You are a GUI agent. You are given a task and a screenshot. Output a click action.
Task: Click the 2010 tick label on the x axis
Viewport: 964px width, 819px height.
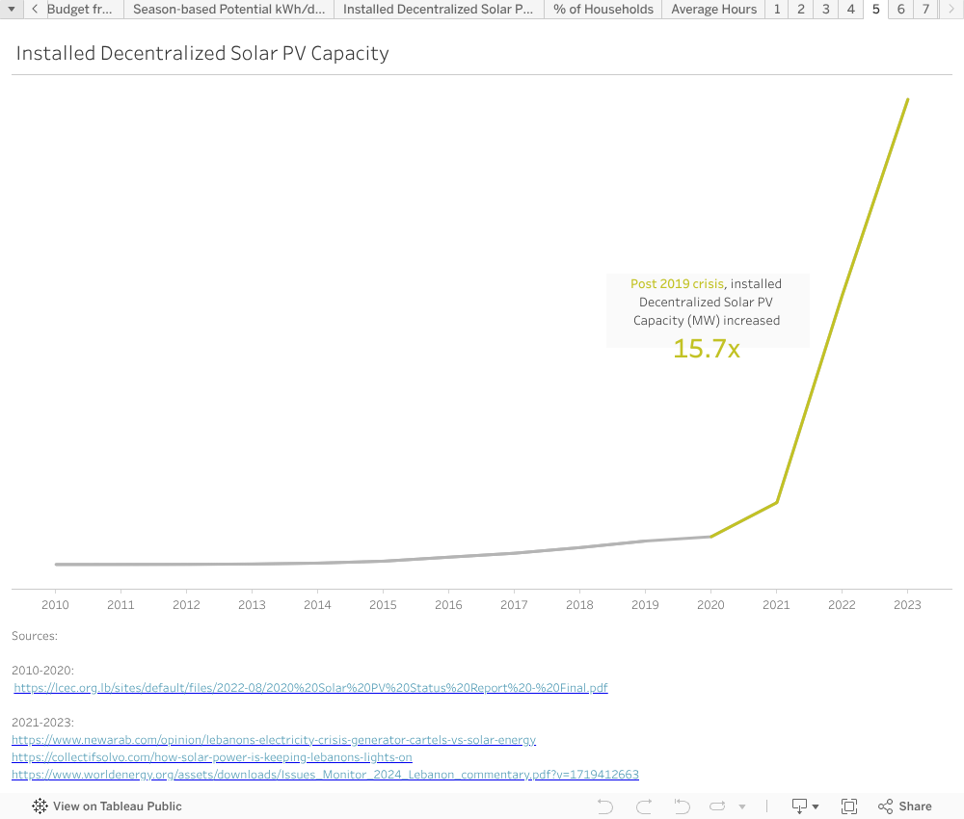tap(55, 605)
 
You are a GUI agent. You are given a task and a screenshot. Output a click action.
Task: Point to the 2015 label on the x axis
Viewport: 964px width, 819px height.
tap(383, 605)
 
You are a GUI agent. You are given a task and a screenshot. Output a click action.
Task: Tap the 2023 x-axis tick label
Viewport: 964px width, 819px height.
tap(907, 605)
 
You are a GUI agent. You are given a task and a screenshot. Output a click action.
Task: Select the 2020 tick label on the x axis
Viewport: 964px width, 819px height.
tap(710, 605)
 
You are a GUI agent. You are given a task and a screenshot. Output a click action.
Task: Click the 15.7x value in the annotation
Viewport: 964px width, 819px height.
tap(707, 349)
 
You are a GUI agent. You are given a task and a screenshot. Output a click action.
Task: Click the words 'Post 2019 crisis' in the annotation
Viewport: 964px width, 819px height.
tap(677, 284)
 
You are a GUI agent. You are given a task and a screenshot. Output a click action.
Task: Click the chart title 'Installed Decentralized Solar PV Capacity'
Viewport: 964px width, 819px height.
tap(202, 54)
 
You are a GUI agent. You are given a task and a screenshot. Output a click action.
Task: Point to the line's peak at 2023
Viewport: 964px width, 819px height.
tap(907, 99)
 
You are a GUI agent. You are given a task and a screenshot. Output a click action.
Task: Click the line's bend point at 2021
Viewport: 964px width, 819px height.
tap(777, 502)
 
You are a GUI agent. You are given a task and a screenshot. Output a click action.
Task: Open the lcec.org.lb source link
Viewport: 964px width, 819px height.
tap(311, 688)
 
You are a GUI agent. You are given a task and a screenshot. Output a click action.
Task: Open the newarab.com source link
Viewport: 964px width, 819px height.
tap(274, 740)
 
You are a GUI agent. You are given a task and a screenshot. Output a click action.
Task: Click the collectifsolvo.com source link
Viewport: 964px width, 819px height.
tap(212, 757)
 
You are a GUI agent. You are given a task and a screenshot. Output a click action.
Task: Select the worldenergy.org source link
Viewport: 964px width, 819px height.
tap(325, 775)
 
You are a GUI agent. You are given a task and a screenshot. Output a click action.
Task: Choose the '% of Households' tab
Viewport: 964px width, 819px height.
tap(603, 10)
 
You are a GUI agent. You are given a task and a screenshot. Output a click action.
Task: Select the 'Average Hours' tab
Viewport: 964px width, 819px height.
tap(713, 10)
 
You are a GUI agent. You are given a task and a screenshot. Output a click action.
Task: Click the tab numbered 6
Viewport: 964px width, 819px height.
tap(900, 10)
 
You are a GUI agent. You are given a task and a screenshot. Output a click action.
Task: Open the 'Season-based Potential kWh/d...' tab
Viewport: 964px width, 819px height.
tap(228, 10)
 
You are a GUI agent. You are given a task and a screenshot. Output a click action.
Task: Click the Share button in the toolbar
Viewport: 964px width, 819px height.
tap(905, 806)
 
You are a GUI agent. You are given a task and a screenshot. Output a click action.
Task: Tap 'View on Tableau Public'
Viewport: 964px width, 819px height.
tap(107, 806)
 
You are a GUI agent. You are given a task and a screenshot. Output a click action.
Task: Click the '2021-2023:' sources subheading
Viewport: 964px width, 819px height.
tap(42, 722)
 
